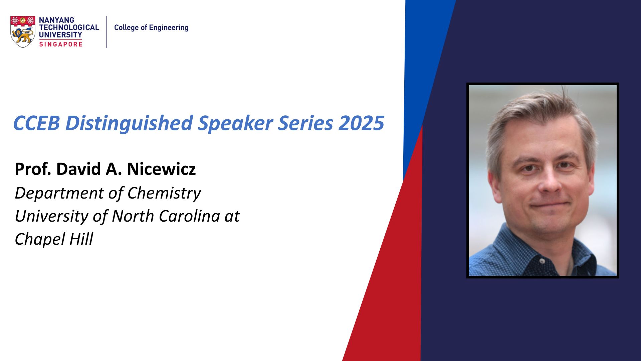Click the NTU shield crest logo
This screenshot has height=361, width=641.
[x=23, y=32]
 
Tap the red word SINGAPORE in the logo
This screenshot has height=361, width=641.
[x=61, y=44]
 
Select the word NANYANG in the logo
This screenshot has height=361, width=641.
[x=56, y=20]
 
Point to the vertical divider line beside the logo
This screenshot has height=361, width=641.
[x=107, y=32]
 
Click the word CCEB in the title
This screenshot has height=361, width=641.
[x=36, y=123]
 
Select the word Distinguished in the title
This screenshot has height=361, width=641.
[x=129, y=123]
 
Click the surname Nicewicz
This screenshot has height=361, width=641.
[x=161, y=169]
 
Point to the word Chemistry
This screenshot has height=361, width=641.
[x=164, y=193]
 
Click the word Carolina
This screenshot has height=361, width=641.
[x=189, y=216]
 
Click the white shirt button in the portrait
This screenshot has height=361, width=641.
[x=542, y=261]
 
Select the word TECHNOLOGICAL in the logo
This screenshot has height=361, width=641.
[x=69, y=27]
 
